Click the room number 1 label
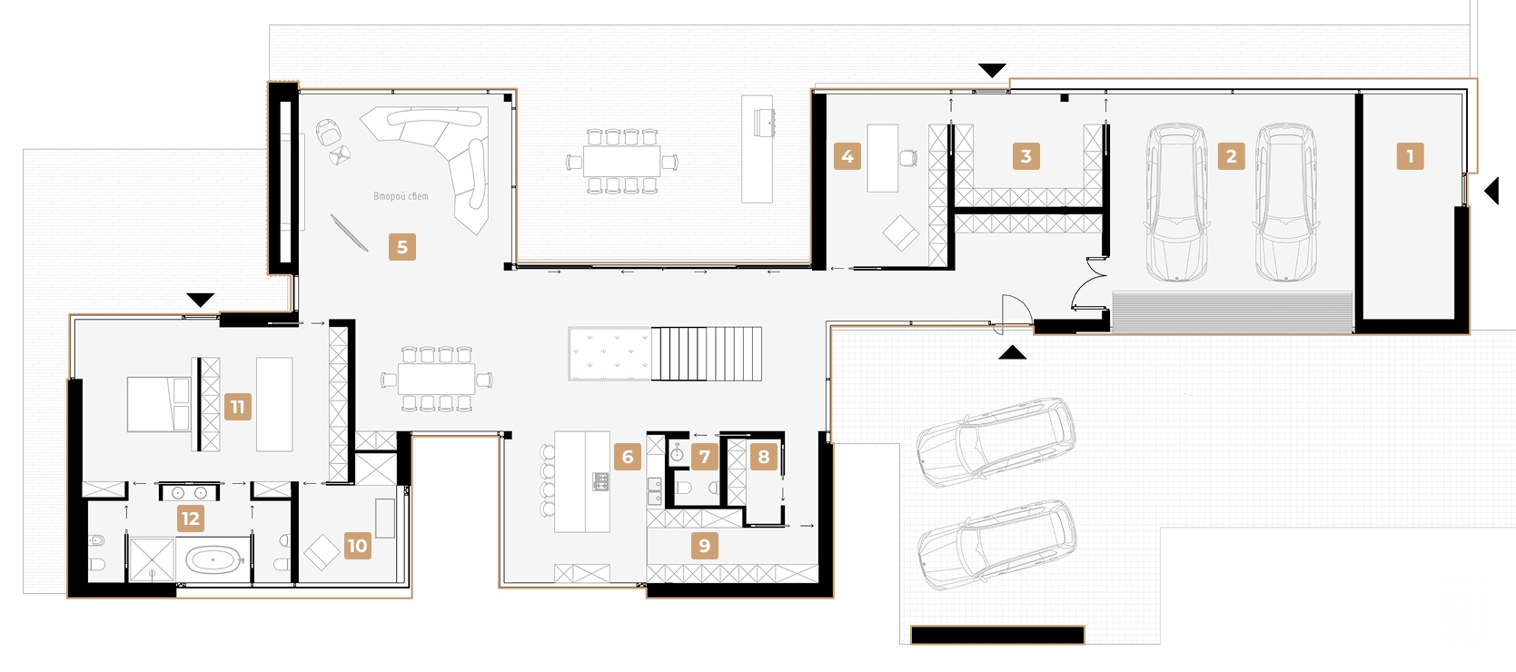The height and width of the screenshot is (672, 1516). coord(1410,156)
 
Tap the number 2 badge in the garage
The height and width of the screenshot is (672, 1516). coord(1231,156)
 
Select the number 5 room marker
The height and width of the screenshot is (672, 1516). coord(402,247)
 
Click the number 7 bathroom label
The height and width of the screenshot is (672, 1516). coord(705,457)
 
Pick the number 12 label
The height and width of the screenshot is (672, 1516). coord(190,519)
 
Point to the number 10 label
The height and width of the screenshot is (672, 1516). coord(357,546)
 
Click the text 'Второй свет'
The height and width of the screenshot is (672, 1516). coord(401,196)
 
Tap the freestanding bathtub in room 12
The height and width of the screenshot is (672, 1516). coord(213,559)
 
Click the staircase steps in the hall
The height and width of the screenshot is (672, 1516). coord(707,354)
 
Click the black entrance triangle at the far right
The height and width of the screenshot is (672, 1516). coord(1491,191)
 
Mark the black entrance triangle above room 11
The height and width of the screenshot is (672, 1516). coord(201,300)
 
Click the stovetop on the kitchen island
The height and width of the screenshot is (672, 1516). coord(601,481)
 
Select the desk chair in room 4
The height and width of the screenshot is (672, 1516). coord(908,158)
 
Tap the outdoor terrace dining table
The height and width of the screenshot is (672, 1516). coord(621,162)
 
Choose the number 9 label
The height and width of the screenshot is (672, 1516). coord(705,546)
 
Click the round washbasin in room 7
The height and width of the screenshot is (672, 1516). coord(677,455)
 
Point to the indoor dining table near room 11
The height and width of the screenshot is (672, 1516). coord(437,379)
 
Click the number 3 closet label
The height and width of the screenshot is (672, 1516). coord(1026,156)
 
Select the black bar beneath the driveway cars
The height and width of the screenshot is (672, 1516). coord(997,635)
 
